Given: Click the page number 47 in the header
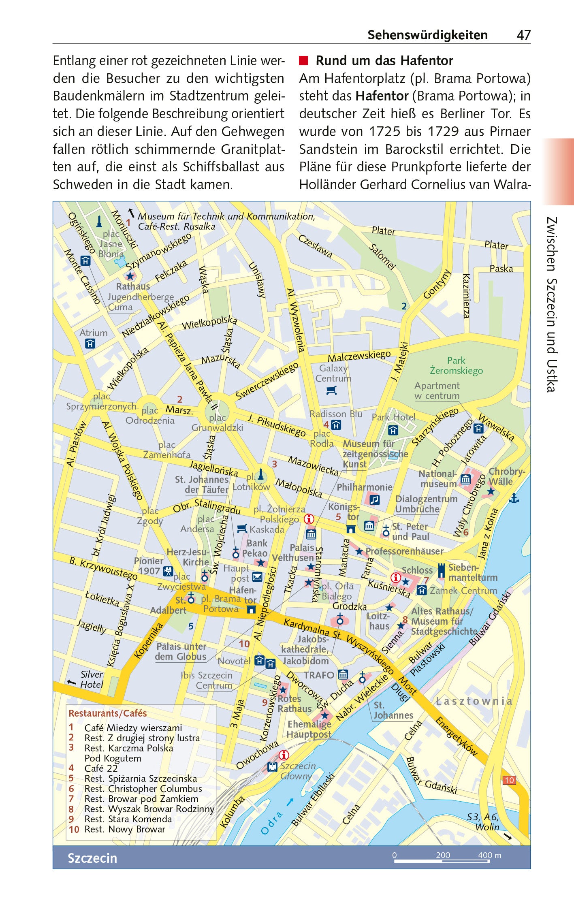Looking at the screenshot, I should pos(523,35).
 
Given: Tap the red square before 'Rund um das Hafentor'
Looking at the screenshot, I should pos(303,61).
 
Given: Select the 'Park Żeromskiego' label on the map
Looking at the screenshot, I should pos(456,365).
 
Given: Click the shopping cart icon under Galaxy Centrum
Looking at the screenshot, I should pos(331,390).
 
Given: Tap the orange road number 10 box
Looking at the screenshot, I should pos(509,780).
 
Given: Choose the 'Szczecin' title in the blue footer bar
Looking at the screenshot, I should pos(92,858).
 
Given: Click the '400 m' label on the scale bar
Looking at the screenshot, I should pos(489,855).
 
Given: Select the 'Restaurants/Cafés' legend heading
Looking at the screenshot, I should pos(107,713).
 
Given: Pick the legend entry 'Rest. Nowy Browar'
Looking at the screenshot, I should pos(124,829).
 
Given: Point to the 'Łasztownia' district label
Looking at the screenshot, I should pos(474,701).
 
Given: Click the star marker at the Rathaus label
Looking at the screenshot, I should pos(130,276).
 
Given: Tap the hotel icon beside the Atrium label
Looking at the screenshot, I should pos(90,344).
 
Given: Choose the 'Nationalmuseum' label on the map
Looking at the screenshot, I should pos(437,479).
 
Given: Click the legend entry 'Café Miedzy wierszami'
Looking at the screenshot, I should pos(133,728).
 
